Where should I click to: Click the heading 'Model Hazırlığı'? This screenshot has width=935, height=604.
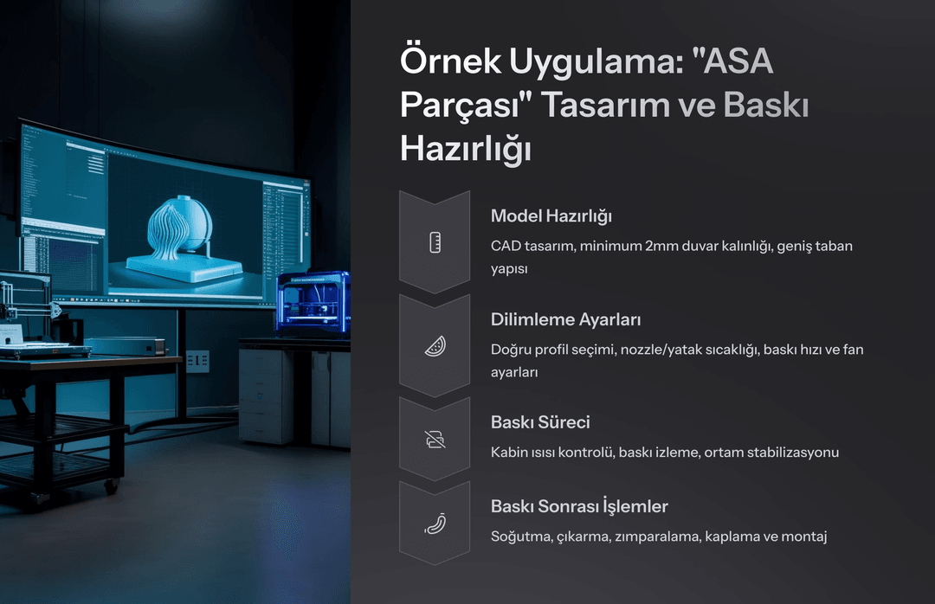(551, 216)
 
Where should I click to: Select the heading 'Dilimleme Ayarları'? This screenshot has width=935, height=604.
(565, 319)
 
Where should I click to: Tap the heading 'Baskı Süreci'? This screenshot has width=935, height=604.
(540, 422)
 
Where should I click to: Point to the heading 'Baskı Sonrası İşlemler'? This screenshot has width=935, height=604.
(579, 505)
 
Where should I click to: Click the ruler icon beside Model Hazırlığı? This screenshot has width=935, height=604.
(435, 242)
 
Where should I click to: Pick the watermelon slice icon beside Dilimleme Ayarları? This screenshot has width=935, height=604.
(435, 346)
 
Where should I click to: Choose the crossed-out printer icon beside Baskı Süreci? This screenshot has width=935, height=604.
(435, 440)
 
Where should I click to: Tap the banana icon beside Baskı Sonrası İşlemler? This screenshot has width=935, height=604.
(435, 524)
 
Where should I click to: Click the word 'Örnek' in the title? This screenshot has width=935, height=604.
(450, 61)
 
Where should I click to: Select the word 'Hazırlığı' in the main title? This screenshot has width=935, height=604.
(465, 148)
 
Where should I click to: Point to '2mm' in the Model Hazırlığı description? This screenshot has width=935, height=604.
(662, 246)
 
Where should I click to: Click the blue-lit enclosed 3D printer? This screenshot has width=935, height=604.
(313, 303)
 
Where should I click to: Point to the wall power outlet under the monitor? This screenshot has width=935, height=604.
(198, 362)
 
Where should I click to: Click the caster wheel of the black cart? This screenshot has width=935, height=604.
(112, 486)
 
